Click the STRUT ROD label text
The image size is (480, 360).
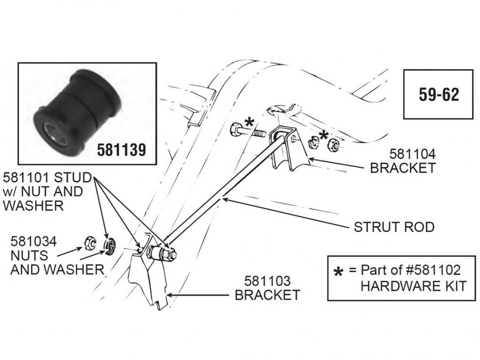(394, 227)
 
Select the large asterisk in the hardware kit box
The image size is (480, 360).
(338, 273)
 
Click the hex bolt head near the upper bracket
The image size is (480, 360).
(237, 129)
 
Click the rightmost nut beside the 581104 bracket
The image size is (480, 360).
(332, 143)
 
